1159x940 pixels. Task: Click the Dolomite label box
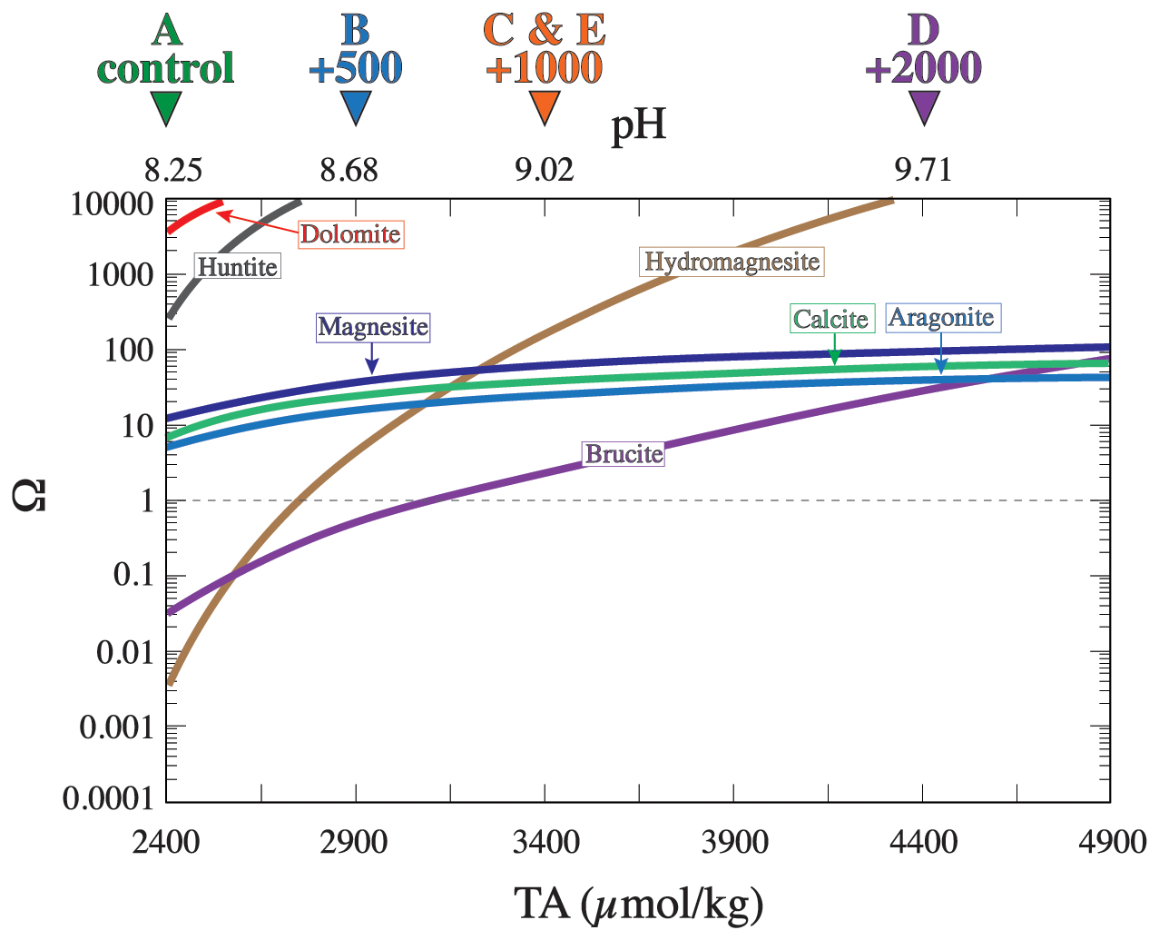(x=350, y=234)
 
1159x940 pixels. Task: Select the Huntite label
(x=238, y=267)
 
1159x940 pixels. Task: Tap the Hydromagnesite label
(x=732, y=262)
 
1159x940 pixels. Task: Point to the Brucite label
(x=624, y=454)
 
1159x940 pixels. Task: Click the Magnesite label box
(x=373, y=327)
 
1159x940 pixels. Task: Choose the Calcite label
(x=831, y=319)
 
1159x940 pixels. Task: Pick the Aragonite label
(x=941, y=318)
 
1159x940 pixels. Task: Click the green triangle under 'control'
(x=166, y=107)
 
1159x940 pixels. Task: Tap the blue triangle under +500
(x=356, y=107)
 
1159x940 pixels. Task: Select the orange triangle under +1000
(x=545, y=107)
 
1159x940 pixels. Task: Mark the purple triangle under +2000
(x=923, y=107)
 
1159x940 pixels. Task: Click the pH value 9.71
(x=923, y=170)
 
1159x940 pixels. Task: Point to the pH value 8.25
(x=173, y=170)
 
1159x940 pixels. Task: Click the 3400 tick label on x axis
(x=545, y=842)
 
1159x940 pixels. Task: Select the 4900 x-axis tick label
(x=1113, y=842)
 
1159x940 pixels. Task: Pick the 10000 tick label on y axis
(x=112, y=204)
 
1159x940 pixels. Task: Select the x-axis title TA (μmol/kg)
(x=639, y=905)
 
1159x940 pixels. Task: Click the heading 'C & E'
(x=545, y=31)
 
